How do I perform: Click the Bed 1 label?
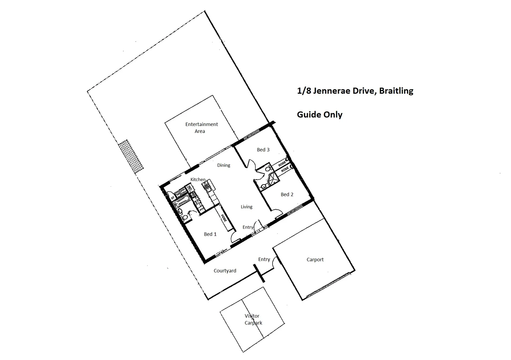(210, 234)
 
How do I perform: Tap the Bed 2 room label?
(287, 195)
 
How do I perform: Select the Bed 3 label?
(263, 150)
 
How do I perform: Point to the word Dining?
(223, 165)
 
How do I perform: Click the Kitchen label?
(198, 180)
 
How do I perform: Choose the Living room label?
(246, 207)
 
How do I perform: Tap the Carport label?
(315, 260)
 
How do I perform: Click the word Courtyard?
(225, 271)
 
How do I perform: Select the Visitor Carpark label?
(253, 319)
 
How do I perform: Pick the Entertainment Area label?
(201, 128)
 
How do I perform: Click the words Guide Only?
(320, 115)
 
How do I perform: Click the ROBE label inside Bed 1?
(224, 218)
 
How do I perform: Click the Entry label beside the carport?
(264, 259)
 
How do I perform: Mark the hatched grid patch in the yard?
(132, 157)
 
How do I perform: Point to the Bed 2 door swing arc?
(277, 211)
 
